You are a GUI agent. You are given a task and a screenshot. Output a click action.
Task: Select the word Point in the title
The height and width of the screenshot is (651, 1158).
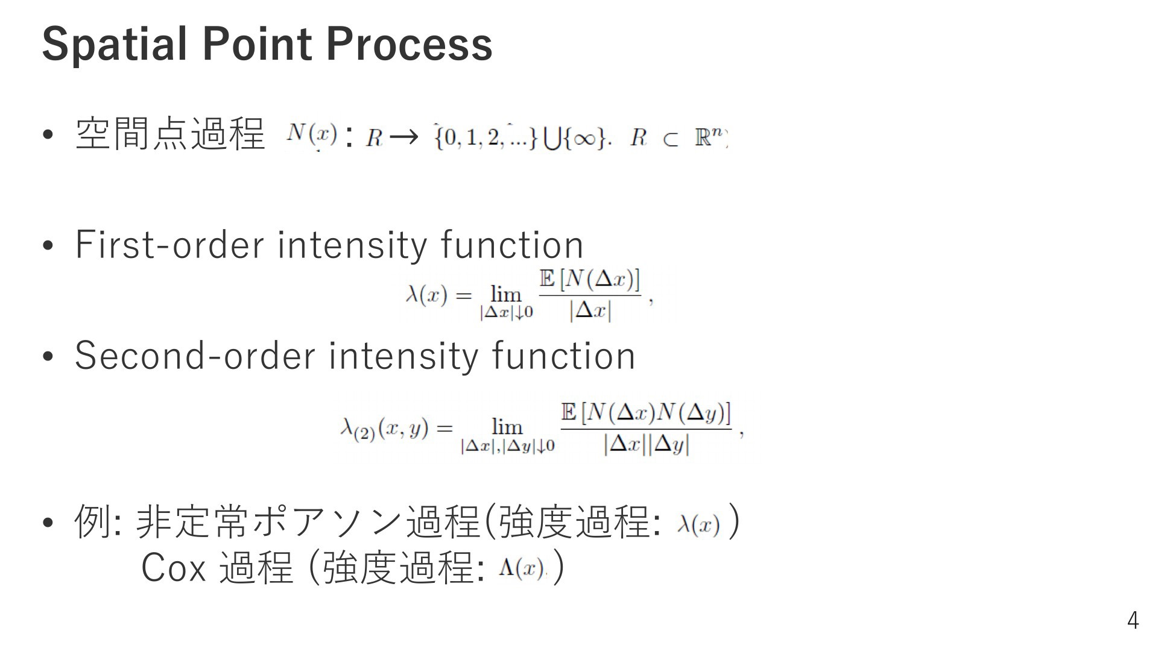tap(256, 44)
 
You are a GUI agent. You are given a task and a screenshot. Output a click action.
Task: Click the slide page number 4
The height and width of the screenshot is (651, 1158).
tap(1133, 620)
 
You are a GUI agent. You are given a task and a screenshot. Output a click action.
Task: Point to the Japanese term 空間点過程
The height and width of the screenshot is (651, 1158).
tap(170, 133)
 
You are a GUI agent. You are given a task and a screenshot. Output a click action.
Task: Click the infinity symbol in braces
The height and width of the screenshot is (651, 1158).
tap(584, 139)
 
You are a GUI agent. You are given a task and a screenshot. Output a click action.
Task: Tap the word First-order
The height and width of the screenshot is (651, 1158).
tap(169, 245)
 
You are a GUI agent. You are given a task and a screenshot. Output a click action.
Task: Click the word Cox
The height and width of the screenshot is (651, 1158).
tap(173, 567)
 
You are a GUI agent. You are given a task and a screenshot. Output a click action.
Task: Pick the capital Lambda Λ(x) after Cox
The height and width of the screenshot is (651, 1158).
tap(522, 568)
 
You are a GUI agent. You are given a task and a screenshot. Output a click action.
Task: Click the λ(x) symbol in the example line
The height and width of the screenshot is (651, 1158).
tap(698, 524)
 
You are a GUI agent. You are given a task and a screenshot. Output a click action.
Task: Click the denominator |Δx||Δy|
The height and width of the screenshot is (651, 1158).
tap(646, 445)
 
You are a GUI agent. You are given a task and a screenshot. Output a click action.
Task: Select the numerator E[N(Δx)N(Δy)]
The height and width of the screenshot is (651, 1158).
tap(646, 413)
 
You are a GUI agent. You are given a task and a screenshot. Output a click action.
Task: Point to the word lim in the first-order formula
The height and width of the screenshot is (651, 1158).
tap(506, 294)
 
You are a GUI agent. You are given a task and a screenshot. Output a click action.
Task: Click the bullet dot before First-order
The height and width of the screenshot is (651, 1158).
tap(48, 246)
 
